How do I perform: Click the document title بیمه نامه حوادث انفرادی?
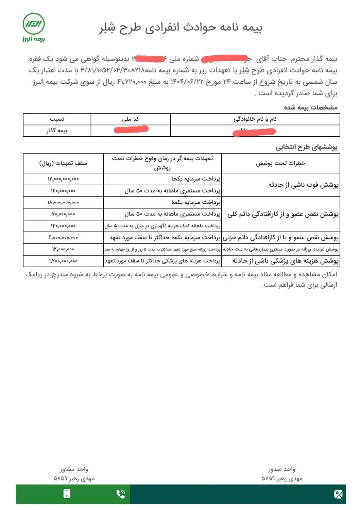[181, 28]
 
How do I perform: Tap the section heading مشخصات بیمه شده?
[310, 107]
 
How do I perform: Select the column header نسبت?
[57, 119]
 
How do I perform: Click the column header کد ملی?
[131, 119]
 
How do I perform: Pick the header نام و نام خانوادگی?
[255, 119]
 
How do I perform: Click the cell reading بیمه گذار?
[57, 131]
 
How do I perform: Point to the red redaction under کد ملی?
[131, 130]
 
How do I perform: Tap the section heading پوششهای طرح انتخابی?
[306, 147]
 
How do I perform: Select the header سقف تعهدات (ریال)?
[63, 163]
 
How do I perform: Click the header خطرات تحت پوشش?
[280, 163]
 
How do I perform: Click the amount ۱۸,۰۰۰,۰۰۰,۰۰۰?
[63, 202]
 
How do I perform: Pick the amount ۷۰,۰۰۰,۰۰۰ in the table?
[63, 214]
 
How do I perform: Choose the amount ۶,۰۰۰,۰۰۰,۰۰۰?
[63, 238]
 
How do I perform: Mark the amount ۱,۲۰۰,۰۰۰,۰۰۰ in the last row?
[63, 261]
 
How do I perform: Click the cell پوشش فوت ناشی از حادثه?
[303, 185]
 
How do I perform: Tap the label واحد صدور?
[281, 469]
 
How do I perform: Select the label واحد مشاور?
[74, 469]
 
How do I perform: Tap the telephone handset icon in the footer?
[121, 494]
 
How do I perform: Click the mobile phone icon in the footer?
[67, 494]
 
